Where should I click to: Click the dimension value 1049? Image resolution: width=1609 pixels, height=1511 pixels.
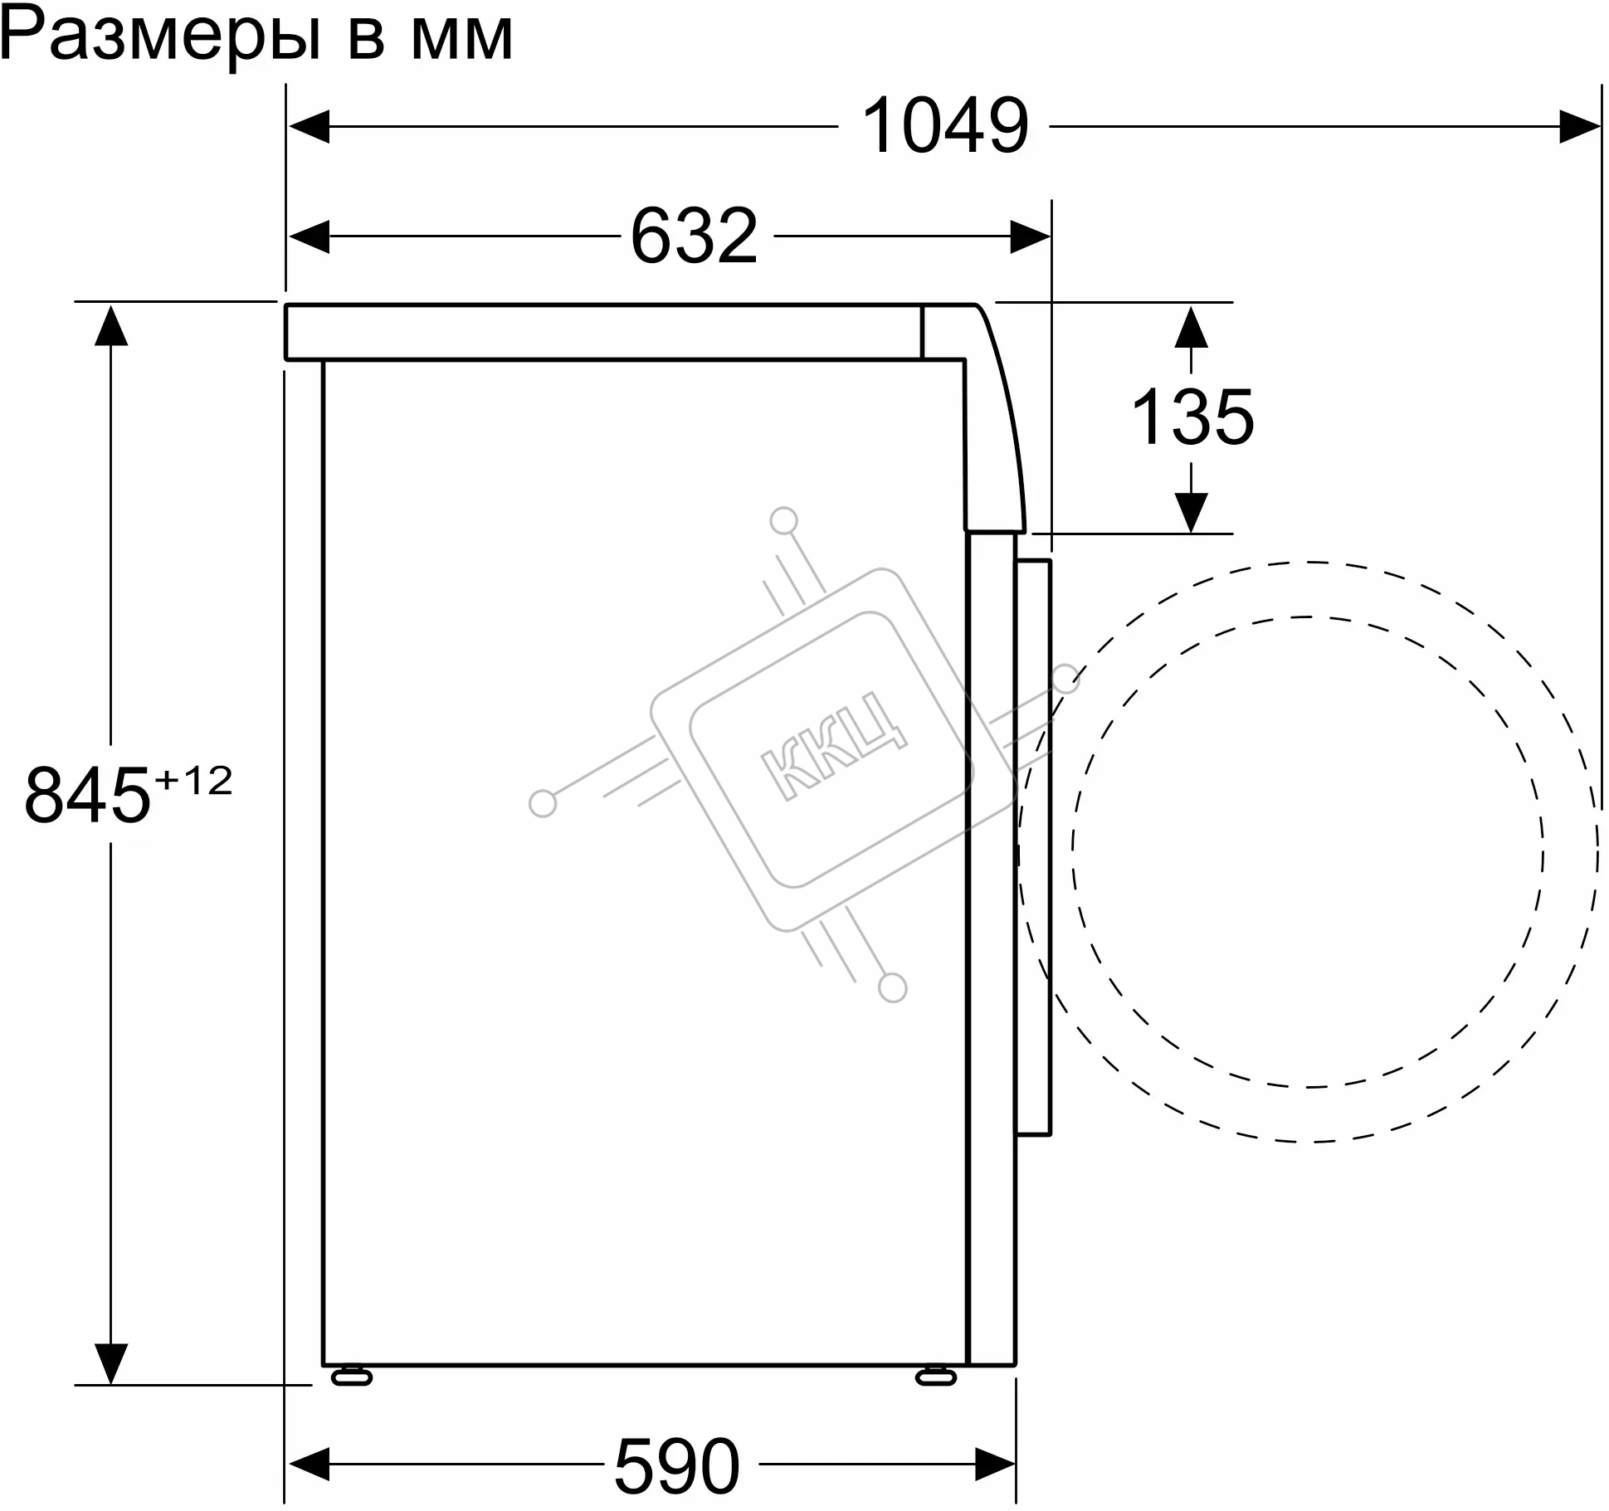(945, 126)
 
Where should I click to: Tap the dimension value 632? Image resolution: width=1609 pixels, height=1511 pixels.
(695, 236)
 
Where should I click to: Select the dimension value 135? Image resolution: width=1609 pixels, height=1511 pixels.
(1192, 417)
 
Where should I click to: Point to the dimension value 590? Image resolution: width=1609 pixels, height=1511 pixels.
(677, 1466)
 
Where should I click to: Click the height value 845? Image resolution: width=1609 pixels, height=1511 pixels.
(87, 796)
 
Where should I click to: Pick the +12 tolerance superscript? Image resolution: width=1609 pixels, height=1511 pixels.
(193, 782)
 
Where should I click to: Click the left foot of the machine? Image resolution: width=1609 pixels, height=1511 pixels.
(352, 1377)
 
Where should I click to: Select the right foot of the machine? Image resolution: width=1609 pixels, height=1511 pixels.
(936, 1377)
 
